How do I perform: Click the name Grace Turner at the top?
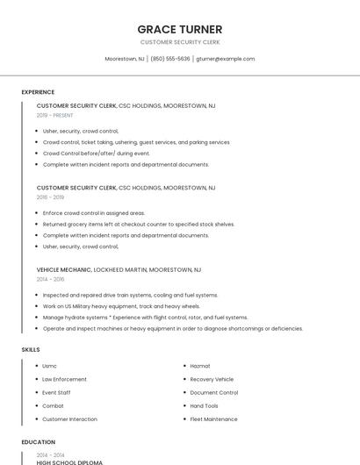(x=180, y=29)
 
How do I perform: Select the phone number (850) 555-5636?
(x=169, y=59)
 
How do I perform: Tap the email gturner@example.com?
(x=226, y=59)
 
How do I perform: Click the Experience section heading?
(x=38, y=92)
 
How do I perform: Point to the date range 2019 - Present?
(x=54, y=115)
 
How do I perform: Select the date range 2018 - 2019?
(x=50, y=197)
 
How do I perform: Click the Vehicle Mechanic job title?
(x=64, y=269)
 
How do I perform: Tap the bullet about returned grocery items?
(x=139, y=224)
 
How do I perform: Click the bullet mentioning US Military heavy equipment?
(x=121, y=306)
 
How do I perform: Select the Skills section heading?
(x=31, y=349)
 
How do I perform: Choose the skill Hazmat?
(x=200, y=366)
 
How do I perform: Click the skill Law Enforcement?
(x=64, y=379)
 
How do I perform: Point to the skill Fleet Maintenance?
(x=213, y=419)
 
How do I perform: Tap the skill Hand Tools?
(x=204, y=406)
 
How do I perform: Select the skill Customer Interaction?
(x=69, y=419)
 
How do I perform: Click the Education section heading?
(x=38, y=442)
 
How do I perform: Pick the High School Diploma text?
(x=69, y=462)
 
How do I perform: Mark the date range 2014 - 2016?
(x=50, y=279)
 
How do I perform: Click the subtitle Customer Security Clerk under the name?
(x=180, y=42)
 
